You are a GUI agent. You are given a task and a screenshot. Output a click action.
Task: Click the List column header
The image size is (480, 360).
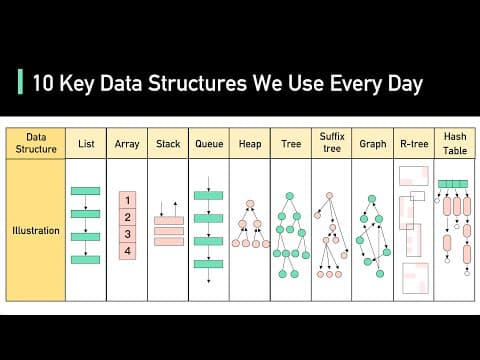click(86, 144)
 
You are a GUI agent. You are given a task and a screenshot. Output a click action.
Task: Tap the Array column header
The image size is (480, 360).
click(127, 144)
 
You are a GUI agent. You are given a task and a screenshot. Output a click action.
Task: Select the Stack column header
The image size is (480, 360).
click(168, 144)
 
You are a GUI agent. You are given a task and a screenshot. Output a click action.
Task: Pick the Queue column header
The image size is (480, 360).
click(209, 144)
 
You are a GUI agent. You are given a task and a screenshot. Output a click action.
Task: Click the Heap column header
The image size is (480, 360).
click(250, 144)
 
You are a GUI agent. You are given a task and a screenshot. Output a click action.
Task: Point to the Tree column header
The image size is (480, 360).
click(290, 144)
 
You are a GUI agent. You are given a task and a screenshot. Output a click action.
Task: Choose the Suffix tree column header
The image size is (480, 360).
click(331, 143)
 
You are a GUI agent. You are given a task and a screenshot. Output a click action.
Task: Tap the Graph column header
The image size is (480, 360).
click(372, 144)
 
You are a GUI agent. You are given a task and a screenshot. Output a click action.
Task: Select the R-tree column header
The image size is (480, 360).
click(413, 144)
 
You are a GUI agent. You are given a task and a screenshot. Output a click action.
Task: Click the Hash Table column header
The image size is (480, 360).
click(454, 143)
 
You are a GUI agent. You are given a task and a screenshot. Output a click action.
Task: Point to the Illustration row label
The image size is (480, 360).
click(36, 231)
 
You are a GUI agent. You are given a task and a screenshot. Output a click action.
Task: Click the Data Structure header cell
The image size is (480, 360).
click(36, 143)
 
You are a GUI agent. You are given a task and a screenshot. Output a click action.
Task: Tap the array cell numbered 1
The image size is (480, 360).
click(127, 200)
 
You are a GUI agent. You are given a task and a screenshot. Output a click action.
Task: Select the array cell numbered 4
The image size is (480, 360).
click(127, 251)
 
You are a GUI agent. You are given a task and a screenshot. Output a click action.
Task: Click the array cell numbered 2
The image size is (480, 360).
click(127, 217)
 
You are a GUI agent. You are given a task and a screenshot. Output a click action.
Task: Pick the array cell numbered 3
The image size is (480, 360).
click(127, 234)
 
